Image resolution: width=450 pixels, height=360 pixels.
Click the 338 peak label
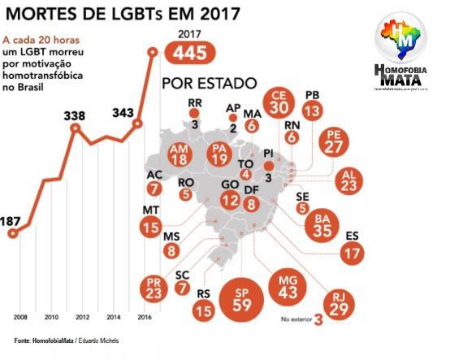(x=75, y=116)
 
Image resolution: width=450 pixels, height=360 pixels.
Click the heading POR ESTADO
(x=210, y=84)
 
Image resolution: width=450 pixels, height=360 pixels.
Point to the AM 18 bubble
(x=180, y=155)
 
